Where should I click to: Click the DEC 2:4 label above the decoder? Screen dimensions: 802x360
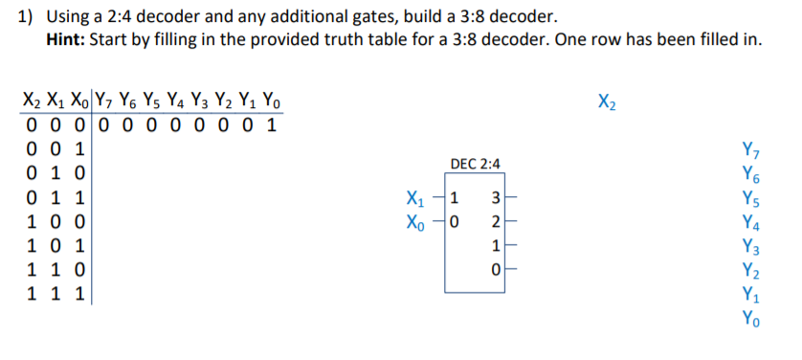click(x=474, y=165)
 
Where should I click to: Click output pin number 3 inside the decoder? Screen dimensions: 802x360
click(x=494, y=200)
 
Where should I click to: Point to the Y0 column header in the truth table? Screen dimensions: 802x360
click(x=272, y=101)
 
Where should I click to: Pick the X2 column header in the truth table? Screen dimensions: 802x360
click(x=34, y=101)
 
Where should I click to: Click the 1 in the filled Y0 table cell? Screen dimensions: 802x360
click(x=272, y=125)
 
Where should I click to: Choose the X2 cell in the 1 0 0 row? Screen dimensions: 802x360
click(x=34, y=222)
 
